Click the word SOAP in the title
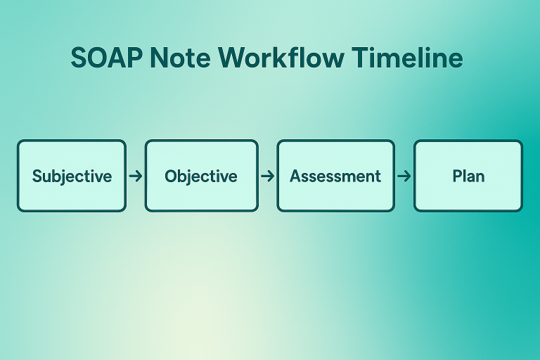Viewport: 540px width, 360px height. pos(106,58)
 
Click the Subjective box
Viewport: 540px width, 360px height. pos(72,176)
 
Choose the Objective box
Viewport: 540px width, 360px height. pos(201,176)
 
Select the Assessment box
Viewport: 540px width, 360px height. pos(335,176)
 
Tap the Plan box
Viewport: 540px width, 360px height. pos(468,176)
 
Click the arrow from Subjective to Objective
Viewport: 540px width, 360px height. pos(136,176)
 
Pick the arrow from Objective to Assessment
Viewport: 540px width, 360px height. pos(267,176)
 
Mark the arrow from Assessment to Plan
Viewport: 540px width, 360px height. pos(404,176)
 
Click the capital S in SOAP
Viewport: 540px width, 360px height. pos(79,58)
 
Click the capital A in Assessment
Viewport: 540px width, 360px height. pos(295,176)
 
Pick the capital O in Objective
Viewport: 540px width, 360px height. pos(171,176)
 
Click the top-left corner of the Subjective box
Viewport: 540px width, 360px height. pos(19,142)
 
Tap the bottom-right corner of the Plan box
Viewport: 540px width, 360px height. pos(521,210)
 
